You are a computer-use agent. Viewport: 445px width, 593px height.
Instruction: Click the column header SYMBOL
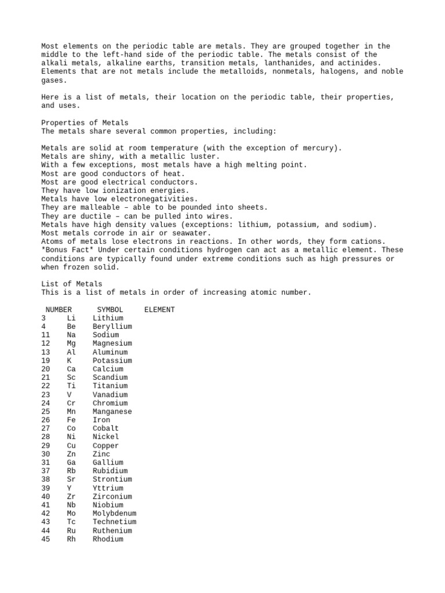coord(110,310)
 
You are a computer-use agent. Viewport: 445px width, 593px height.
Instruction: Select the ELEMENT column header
coord(159,310)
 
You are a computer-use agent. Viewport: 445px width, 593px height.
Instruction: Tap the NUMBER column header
coord(59,310)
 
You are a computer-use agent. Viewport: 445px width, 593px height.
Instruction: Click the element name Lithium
coord(108,318)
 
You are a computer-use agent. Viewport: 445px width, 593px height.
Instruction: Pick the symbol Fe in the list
coord(71,420)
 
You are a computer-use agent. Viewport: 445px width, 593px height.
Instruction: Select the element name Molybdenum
coord(114,514)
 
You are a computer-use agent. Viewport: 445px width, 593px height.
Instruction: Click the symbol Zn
coord(71,454)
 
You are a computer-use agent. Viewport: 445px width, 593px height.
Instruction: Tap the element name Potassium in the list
coord(112,360)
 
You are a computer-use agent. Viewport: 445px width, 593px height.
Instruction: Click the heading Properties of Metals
coord(85,123)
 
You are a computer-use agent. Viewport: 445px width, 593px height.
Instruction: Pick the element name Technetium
coord(114,522)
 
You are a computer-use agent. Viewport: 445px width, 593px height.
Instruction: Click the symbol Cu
coord(71,446)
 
